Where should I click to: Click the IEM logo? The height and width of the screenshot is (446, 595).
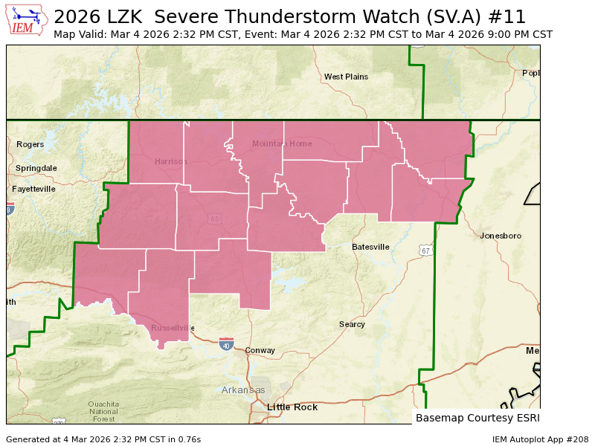(x=28, y=20)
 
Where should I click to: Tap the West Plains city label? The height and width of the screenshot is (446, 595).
(x=346, y=77)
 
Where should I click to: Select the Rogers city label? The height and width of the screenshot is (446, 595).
(x=30, y=144)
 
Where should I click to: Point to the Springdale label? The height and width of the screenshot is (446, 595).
(x=36, y=168)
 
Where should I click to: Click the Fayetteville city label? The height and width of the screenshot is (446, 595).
(x=33, y=189)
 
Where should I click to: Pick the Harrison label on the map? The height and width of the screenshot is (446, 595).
(x=171, y=161)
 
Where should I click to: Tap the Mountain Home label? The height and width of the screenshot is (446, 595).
(x=282, y=143)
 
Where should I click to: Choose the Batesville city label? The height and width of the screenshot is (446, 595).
(x=370, y=247)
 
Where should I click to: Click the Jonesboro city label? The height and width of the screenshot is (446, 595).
(x=501, y=236)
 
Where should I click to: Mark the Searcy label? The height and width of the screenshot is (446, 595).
(x=352, y=324)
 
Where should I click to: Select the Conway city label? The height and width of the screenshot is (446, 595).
(x=260, y=350)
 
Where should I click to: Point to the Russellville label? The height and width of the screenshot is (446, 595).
(x=173, y=328)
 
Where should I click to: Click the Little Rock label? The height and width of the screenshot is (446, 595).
(x=292, y=407)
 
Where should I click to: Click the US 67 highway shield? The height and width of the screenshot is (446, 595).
(x=424, y=251)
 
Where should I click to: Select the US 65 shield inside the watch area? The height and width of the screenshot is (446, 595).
(x=214, y=219)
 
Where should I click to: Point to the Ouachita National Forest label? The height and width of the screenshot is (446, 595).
(x=103, y=410)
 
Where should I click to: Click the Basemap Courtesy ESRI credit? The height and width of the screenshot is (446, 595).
(x=476, y=418)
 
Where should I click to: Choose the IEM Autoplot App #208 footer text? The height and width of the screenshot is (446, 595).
(x=540, y=439)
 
